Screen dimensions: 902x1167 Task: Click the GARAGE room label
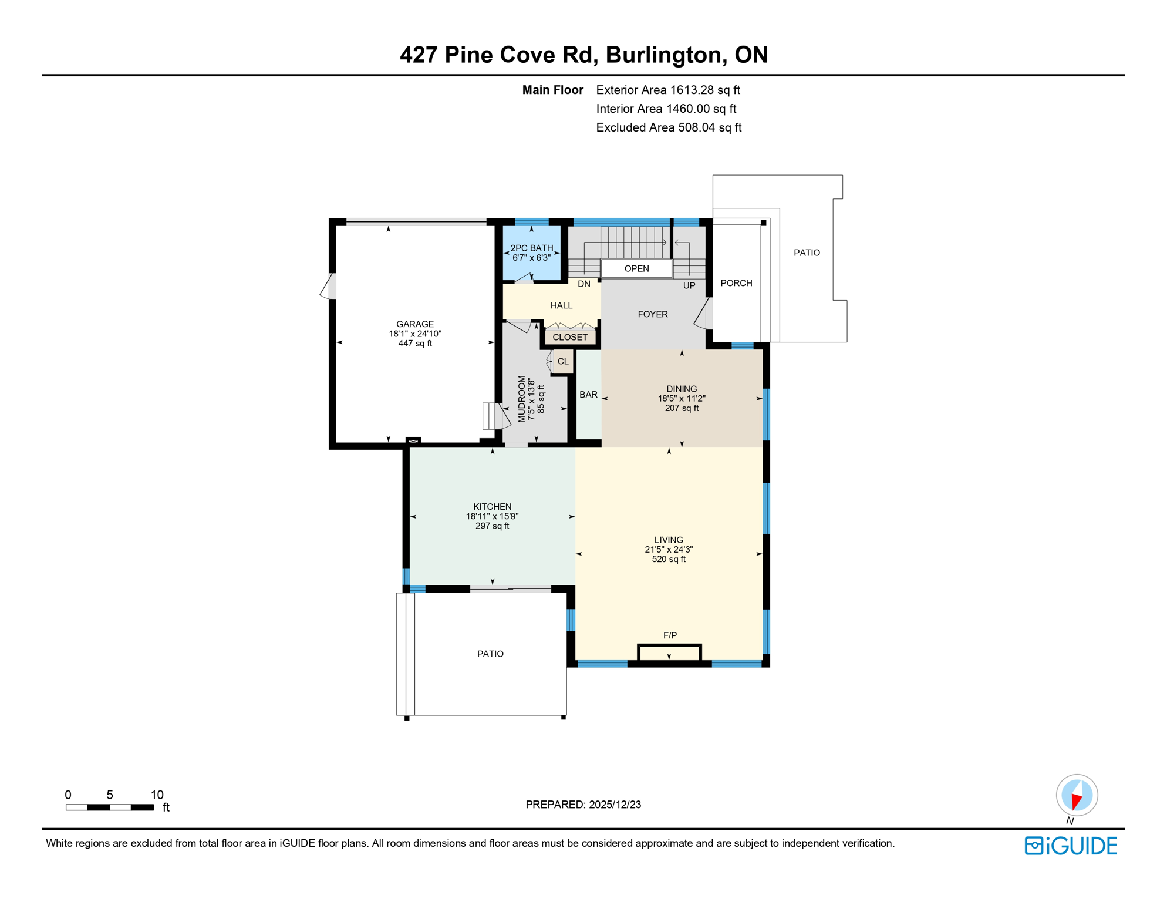click(414, 324)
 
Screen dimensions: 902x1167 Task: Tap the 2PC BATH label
click(531, 248)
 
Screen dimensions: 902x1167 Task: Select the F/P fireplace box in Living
click(669, 653)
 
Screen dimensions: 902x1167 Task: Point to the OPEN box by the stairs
click(636, 268)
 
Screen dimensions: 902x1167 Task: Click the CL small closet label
click(563, 361)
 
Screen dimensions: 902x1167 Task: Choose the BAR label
click(588, 395)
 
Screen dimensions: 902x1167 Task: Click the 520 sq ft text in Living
click(669, 559)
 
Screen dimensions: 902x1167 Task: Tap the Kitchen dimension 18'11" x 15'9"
click(492, 516)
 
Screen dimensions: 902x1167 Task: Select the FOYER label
click(652, 314)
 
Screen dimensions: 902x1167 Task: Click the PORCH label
click(736, 283)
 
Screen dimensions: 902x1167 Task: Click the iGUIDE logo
click(1071, 846)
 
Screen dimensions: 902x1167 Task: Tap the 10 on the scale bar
click(157, 795)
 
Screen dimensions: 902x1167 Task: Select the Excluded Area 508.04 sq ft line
click(668, 127)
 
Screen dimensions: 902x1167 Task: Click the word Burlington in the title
click(663, 55)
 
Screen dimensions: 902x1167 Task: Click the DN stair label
click(583, 284)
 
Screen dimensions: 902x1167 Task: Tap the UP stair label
click(689, 285)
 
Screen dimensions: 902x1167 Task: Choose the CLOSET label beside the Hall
click(569, 337)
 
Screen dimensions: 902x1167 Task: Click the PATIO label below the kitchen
click(490, 654)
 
